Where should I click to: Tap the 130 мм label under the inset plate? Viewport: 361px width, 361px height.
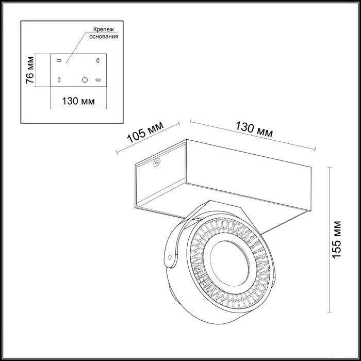click(x=78, y=101)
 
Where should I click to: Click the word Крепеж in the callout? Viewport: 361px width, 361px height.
click(x=104, y=30)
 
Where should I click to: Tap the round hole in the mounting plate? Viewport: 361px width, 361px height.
click(x=85, y=80)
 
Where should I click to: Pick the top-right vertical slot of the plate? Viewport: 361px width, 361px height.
click(x=97, y=60)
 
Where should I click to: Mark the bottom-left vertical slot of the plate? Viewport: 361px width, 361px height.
click(x=59, y=80)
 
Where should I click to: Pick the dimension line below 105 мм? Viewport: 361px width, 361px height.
click(x=147, y=138)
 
